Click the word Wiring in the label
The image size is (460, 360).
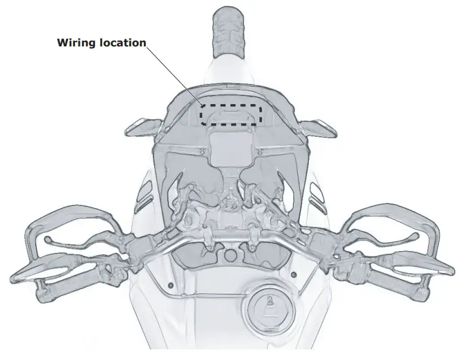(x=75, y=43)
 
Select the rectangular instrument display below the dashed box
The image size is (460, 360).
(x=230, y=146)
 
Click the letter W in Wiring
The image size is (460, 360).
(x=61, y=43)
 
